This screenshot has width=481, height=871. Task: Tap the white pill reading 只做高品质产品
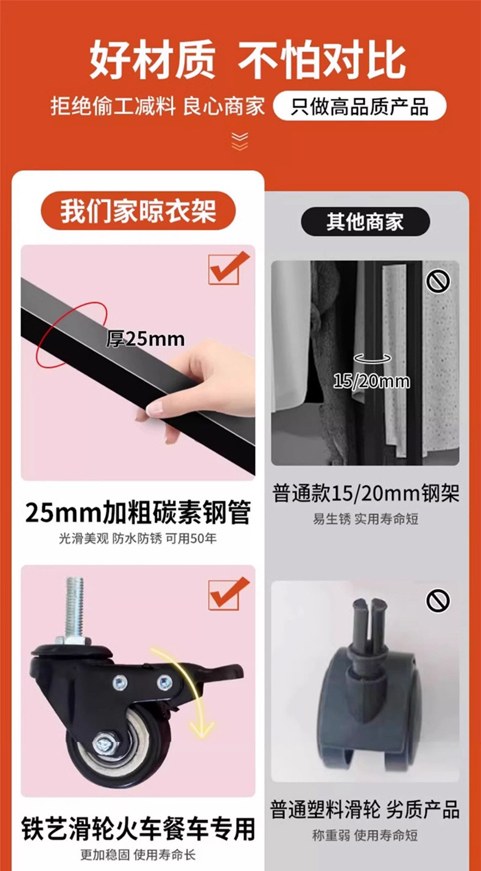coord(359,107)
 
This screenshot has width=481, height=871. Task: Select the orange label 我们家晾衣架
coord(138,211)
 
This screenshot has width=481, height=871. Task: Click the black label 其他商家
coord(365,221)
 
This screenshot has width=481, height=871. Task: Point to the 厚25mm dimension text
coord(146,338)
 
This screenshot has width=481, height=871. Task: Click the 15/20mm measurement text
coord(372,382)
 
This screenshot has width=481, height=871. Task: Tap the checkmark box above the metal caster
coord(228,593)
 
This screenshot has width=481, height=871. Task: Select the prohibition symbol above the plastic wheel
coord(438,601)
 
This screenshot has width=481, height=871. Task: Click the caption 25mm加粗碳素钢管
coord(138,513)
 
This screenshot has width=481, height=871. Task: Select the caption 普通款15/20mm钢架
coord(365,494)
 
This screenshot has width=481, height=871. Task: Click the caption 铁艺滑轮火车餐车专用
coord(138,828)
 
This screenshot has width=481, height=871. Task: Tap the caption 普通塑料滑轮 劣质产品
coord(365,810)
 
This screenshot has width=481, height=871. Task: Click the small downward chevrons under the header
coord(240,142)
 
